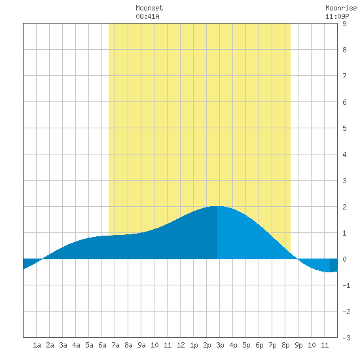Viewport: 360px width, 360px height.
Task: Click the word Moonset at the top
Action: tap(149, 8)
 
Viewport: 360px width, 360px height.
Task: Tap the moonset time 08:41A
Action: tap(147, 16)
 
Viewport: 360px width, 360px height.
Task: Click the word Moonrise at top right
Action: tap(341, 8)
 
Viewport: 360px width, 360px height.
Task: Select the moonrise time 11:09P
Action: tap(337, 16)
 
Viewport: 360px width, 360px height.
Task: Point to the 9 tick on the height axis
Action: tap(344, 24)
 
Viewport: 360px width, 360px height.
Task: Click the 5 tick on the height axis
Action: tap(344, 128)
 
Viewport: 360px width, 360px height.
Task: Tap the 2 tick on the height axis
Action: tap(344, 207)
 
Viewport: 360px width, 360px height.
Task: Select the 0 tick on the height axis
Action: tap(344, 259)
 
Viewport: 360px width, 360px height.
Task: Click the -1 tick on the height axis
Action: tap(346, 285)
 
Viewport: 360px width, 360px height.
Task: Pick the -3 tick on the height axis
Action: tap(346, 338)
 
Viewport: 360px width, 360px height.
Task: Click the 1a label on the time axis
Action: tap(37, 345)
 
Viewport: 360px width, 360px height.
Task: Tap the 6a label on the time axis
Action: tap(102, 345)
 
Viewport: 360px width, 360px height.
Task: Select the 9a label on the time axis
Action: tap(141, 345)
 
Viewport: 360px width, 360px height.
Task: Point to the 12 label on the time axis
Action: tap(181, 345)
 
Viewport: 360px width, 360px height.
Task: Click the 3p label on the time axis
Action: tap(220, 345)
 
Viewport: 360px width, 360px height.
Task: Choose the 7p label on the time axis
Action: tap(272, 345)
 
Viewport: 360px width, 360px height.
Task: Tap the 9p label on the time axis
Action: tap(298, 345)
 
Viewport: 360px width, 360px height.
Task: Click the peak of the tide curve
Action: tap(216, 206)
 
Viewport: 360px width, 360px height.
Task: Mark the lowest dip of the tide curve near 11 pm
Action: tap(330, 272)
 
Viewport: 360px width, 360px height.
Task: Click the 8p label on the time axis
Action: tap(285, 345)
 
